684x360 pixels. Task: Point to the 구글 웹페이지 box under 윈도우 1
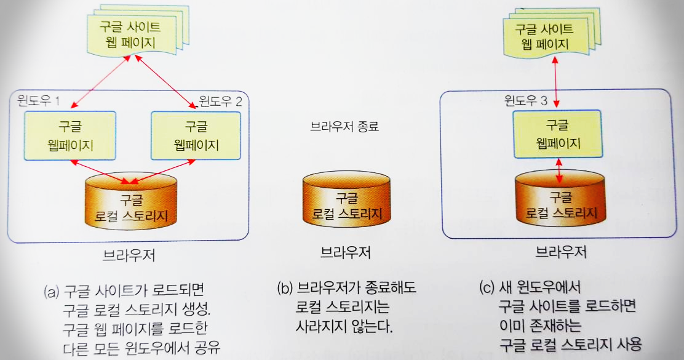(70, 136)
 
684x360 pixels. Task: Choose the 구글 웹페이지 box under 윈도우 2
(196, 136)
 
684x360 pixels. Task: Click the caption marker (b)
(285, 288)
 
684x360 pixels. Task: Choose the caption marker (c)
(487, 288)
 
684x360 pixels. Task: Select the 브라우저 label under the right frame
(560, 252)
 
